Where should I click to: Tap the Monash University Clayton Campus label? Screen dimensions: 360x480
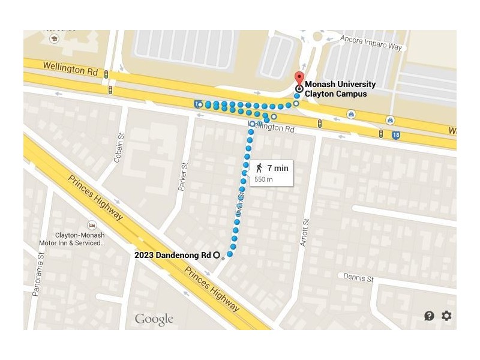coord(340,89)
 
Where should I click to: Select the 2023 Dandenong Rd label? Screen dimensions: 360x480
coord(173,254)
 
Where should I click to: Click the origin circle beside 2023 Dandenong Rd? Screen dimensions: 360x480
coord(217,254)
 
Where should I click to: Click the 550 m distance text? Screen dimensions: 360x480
coord(263,179)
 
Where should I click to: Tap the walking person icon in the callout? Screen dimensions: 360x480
coord(259,168)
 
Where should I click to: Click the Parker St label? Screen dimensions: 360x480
coord(184,177)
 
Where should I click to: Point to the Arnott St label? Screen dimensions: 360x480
coord(305,233)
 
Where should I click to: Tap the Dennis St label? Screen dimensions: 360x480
coord(359,278)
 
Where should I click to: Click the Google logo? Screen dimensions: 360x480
coord(154,319)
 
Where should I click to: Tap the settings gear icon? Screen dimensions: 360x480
coord(446,316)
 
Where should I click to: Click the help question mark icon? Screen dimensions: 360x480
coord(429,316)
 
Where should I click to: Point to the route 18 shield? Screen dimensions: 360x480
coord(395,136)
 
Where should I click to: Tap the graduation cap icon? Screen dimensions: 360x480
coord(54,38)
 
